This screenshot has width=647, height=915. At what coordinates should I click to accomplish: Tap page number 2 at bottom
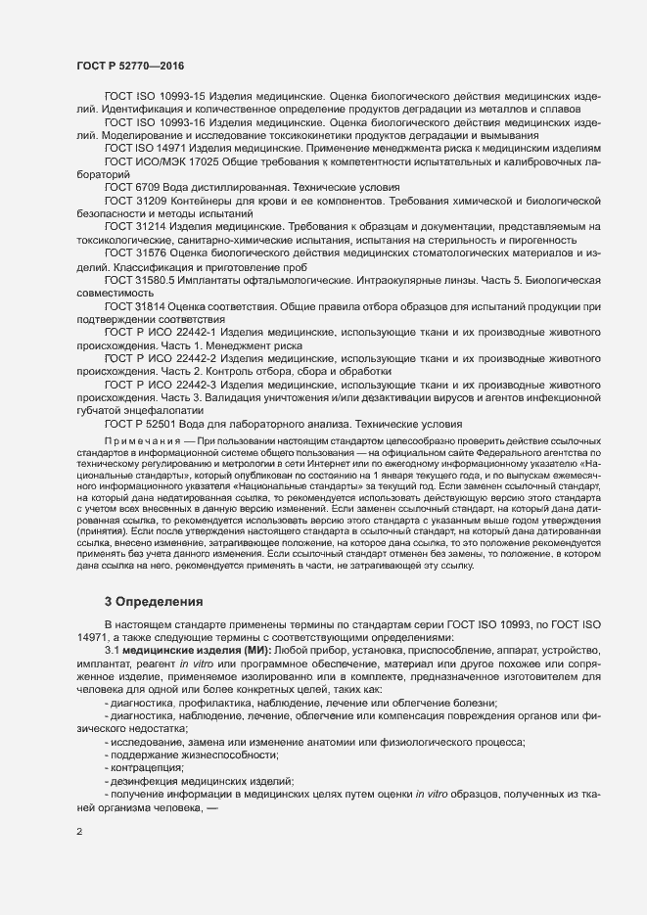click(x=79, y=833)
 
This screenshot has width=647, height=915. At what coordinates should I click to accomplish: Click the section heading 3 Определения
click(x=153, y=601)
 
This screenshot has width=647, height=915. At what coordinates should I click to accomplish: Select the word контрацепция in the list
click(x=146, y=767)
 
